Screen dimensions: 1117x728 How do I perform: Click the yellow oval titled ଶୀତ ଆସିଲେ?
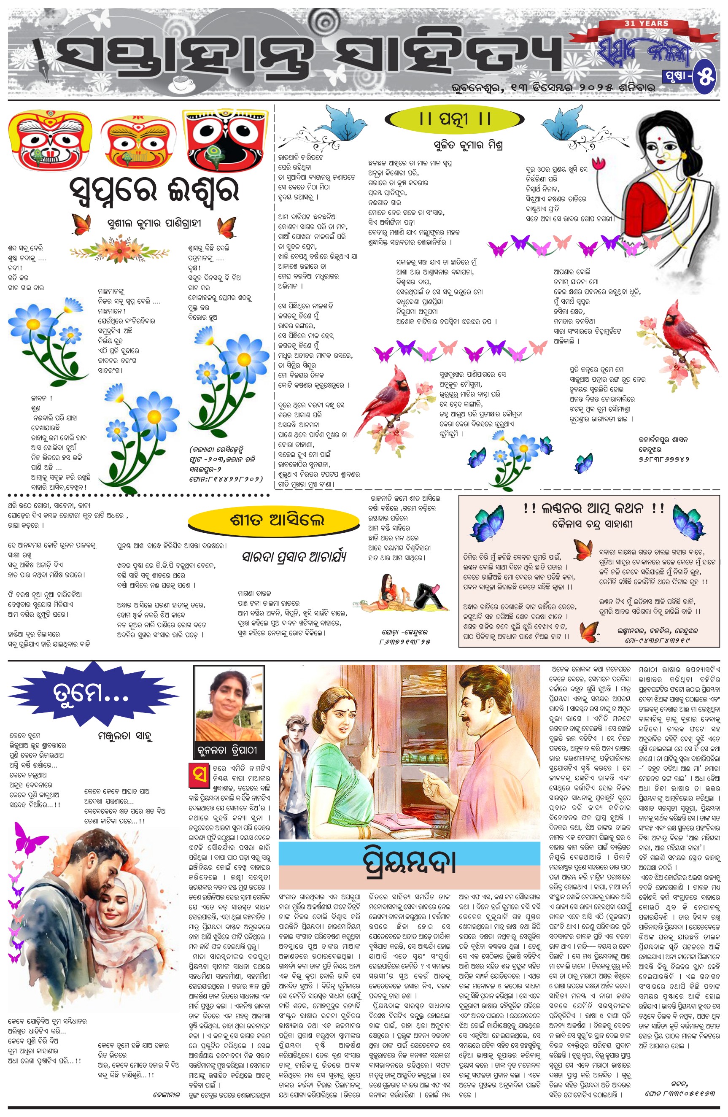pyautogui.click(x=273, y=520)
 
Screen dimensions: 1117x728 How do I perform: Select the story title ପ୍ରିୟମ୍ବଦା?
pyautogui.click(x=409, y=862)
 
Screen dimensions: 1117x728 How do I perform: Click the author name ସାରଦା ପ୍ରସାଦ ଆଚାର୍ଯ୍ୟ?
pyautogui.click(x=294, y=557)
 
